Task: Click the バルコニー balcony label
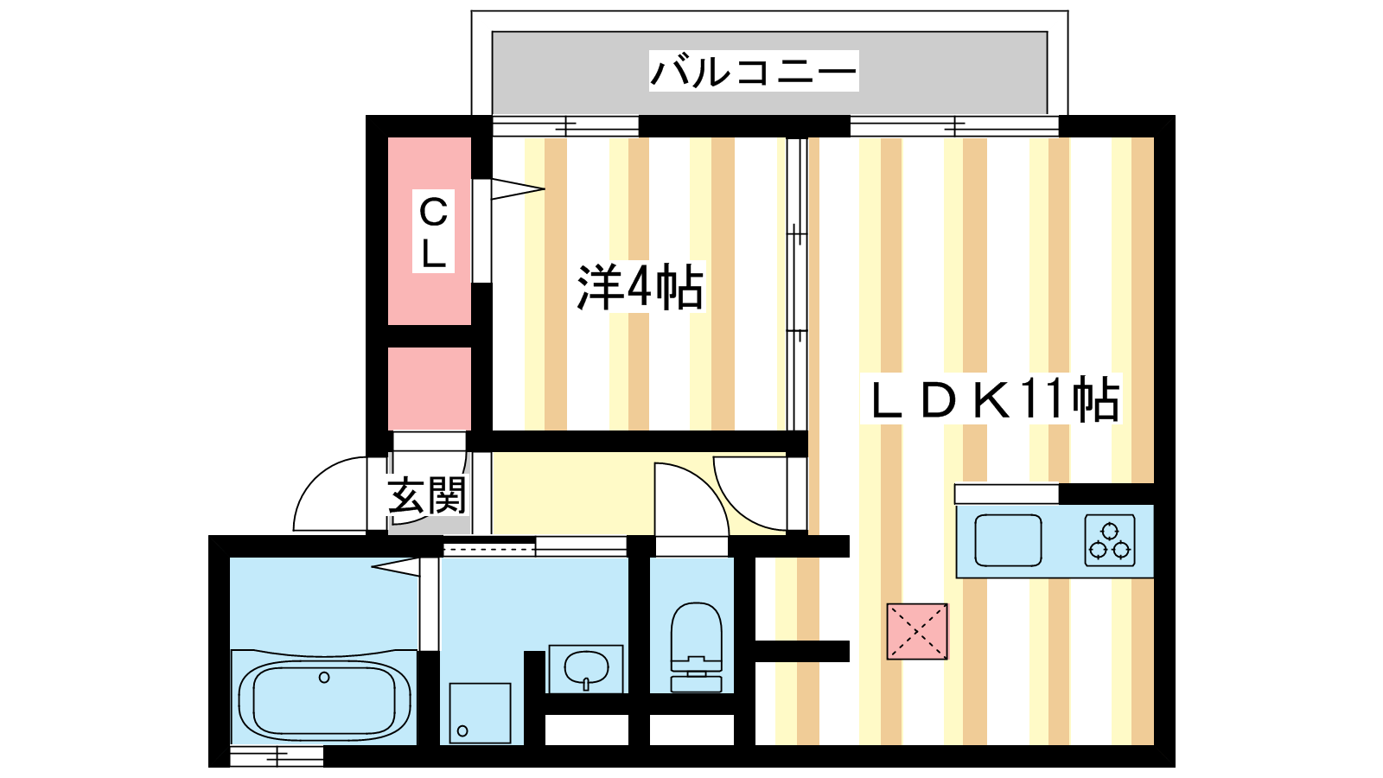[x=753, y=71]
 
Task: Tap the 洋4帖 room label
[x=641, y=288]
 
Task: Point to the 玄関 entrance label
[x=427, y=495]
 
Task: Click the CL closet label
[x=433, y=232]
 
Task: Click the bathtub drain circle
[x=324, y=678]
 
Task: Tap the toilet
[x=696, y=647]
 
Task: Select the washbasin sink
[x=586, y=668]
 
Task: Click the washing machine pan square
[x=480, y=712]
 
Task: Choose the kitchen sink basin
[x=1008, y=540]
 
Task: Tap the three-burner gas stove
[x=1110, y=540]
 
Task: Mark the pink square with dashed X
[x=917, y=631]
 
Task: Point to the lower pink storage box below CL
[x=429, y=388]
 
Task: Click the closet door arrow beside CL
[x=518, y=189]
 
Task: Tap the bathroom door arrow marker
[x=396, y=566]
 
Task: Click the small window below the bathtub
[x=277, y=756]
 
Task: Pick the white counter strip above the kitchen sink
[x=1006, y=494]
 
